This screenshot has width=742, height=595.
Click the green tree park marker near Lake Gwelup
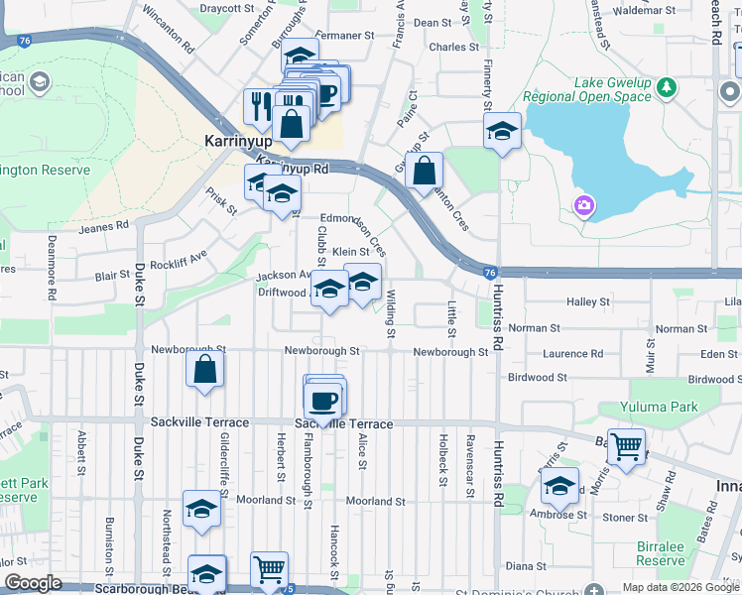(667, 86)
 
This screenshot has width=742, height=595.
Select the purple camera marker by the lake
(583, 205)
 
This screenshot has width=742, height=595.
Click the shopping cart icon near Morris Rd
(626, 447)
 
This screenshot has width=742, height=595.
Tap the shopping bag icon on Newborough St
(204, 369)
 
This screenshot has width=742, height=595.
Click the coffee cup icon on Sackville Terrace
(324, 400)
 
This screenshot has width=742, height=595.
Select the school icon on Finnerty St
(503, 130)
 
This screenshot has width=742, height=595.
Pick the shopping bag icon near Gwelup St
(424, 170)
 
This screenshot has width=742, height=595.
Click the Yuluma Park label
(659, 407)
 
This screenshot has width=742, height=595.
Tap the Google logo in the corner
(33, 583)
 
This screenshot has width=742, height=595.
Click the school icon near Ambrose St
(560, 486)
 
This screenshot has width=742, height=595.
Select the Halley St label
(587, 301)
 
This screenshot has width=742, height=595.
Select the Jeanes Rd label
(103, 225)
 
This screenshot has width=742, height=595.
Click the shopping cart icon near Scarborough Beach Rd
(269, 569)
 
